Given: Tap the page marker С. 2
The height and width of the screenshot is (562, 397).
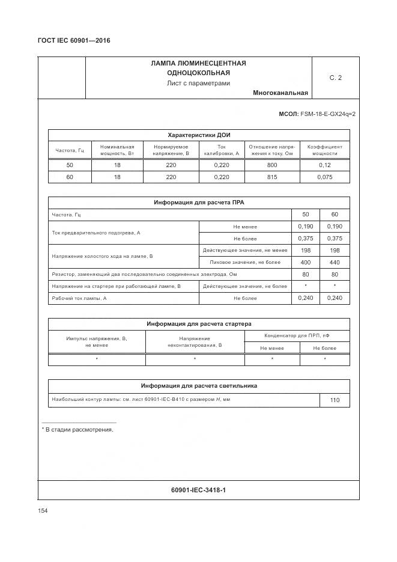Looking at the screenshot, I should (x=335, y=78).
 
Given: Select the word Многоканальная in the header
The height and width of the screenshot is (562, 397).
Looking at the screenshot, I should (x=280, y=93).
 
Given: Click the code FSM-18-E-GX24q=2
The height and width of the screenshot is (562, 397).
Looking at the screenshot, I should (x=327, y=114).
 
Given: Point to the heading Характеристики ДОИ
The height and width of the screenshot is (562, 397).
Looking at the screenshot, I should (x=198, y=135).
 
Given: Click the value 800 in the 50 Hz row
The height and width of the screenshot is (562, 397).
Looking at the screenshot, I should (x=271, y=165).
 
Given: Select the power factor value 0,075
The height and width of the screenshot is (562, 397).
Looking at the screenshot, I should (x=325, y=177).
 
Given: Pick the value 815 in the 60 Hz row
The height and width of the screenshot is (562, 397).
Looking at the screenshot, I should (x=271, y=177).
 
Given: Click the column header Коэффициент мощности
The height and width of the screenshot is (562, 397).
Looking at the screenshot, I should (x=325, y=150).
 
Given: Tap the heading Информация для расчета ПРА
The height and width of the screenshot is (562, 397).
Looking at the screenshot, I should (x=198, y=203).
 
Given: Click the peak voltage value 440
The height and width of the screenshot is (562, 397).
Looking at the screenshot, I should (x=335, y=262).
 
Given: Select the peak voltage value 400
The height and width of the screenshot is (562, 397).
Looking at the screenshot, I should (x=305, y=262).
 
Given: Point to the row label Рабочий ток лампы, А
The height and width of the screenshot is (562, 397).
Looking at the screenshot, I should (x=79, y=298).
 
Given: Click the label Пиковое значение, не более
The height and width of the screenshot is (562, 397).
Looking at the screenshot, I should (x=245, y=262).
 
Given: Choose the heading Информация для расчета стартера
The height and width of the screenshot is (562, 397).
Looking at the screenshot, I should (x=198, y=324).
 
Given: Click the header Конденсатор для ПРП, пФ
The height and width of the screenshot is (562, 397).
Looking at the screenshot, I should (x=297, y=335).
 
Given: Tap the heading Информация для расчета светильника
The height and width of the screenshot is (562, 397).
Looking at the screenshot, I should (x=198, y=386).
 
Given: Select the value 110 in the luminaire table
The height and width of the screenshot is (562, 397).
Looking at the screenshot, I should (x=335, y=400).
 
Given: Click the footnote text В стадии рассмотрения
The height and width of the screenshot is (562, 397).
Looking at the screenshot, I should (x=79, y=430).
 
